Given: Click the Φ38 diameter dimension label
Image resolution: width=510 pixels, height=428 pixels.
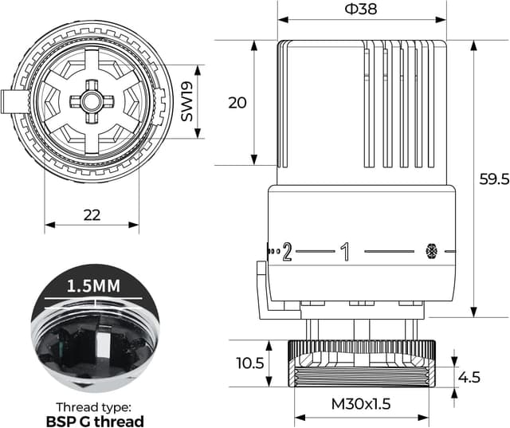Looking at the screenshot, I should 361,10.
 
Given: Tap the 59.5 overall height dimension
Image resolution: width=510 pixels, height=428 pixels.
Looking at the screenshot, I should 493,180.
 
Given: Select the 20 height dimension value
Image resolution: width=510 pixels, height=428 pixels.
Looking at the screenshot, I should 237,102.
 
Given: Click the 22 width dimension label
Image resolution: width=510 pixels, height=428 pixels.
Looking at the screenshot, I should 92,214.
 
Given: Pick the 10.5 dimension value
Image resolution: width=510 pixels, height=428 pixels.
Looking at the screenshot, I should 248,363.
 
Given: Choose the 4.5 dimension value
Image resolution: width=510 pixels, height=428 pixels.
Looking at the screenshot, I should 470,376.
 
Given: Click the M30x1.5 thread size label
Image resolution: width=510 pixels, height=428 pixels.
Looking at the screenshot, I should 361,404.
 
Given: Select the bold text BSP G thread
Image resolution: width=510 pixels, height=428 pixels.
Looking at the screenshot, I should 94,420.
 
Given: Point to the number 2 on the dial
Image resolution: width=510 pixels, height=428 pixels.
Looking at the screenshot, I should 287,252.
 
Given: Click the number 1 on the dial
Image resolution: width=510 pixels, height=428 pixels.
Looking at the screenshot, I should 345,252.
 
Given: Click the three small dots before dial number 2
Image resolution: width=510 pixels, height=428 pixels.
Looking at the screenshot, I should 272,252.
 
